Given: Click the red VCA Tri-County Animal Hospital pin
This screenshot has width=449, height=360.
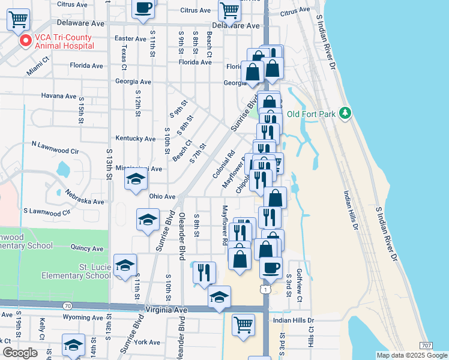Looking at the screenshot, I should [25, 41].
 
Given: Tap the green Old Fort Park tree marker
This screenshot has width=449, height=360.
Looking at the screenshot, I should [345, 113].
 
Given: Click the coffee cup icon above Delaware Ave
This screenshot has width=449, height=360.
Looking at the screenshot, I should [143, 8].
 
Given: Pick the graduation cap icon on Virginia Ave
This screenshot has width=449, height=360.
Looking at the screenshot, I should [219, 296].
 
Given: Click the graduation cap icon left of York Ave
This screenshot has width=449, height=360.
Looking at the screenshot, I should [74, 345].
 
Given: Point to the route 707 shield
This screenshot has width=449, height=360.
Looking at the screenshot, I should [426, 346].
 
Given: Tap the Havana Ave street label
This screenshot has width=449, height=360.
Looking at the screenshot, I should [59, 96].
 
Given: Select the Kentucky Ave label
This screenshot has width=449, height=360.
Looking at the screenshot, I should [135, 139].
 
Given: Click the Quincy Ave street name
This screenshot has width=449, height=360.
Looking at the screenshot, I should [86, 248].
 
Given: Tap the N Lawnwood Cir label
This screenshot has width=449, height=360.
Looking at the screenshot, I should [55, 146].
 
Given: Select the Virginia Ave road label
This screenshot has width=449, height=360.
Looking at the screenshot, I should [167, 310].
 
